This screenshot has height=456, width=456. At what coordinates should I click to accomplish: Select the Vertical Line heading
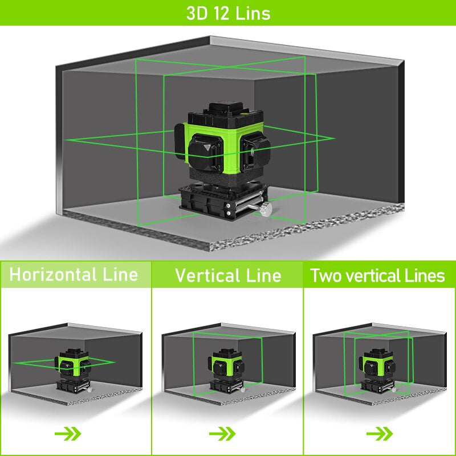pyautogui.click(x=228, y=276)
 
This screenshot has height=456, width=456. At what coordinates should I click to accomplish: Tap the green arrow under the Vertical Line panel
pyautogui.click(x=222, y=434)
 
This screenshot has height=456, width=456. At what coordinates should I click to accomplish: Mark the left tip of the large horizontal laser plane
pyautogui.click(x=66, y=140)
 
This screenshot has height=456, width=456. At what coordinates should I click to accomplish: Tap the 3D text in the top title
pyautogui.click(x=196, y=13)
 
